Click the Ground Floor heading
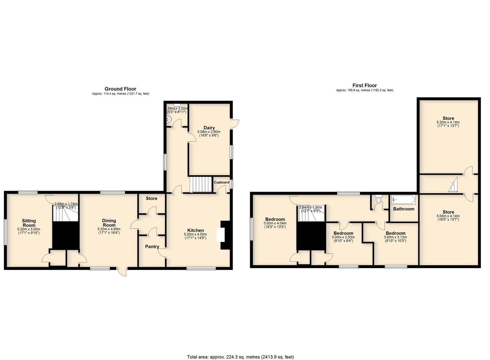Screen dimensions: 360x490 click(x=120, y=89)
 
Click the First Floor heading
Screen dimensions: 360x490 click(x=365, y=85)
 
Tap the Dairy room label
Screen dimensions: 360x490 click(x=209, y=128)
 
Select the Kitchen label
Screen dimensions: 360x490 click(x=195, y=230)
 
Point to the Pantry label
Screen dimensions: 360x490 click(x=152, y=247)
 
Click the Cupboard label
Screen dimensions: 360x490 click(x=221, y=182)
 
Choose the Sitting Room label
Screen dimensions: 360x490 click(x=29, y=223)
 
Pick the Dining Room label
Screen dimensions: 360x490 click(x=109, y=223)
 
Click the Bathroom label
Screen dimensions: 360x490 click(x=404, y=209)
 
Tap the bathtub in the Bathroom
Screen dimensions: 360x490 click(x=404, y=200)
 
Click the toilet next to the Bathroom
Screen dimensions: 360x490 click(x=378, y=201)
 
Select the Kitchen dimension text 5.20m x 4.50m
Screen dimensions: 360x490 click(x=195, y=234)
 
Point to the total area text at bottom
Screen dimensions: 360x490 click(x=240, y=357)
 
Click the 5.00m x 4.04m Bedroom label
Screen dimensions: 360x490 click(x=275, y=219)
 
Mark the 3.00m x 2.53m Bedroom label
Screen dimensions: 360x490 click(x=343, y=233)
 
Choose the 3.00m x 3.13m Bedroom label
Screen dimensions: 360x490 click(x=395, y=233)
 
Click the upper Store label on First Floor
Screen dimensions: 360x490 click(x=448, y=118)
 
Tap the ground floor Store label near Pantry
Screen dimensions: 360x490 click(x=151, y=198)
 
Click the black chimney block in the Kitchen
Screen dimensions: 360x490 click(x=226, y=235)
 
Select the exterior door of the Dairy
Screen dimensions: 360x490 click(x=235, y=123)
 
